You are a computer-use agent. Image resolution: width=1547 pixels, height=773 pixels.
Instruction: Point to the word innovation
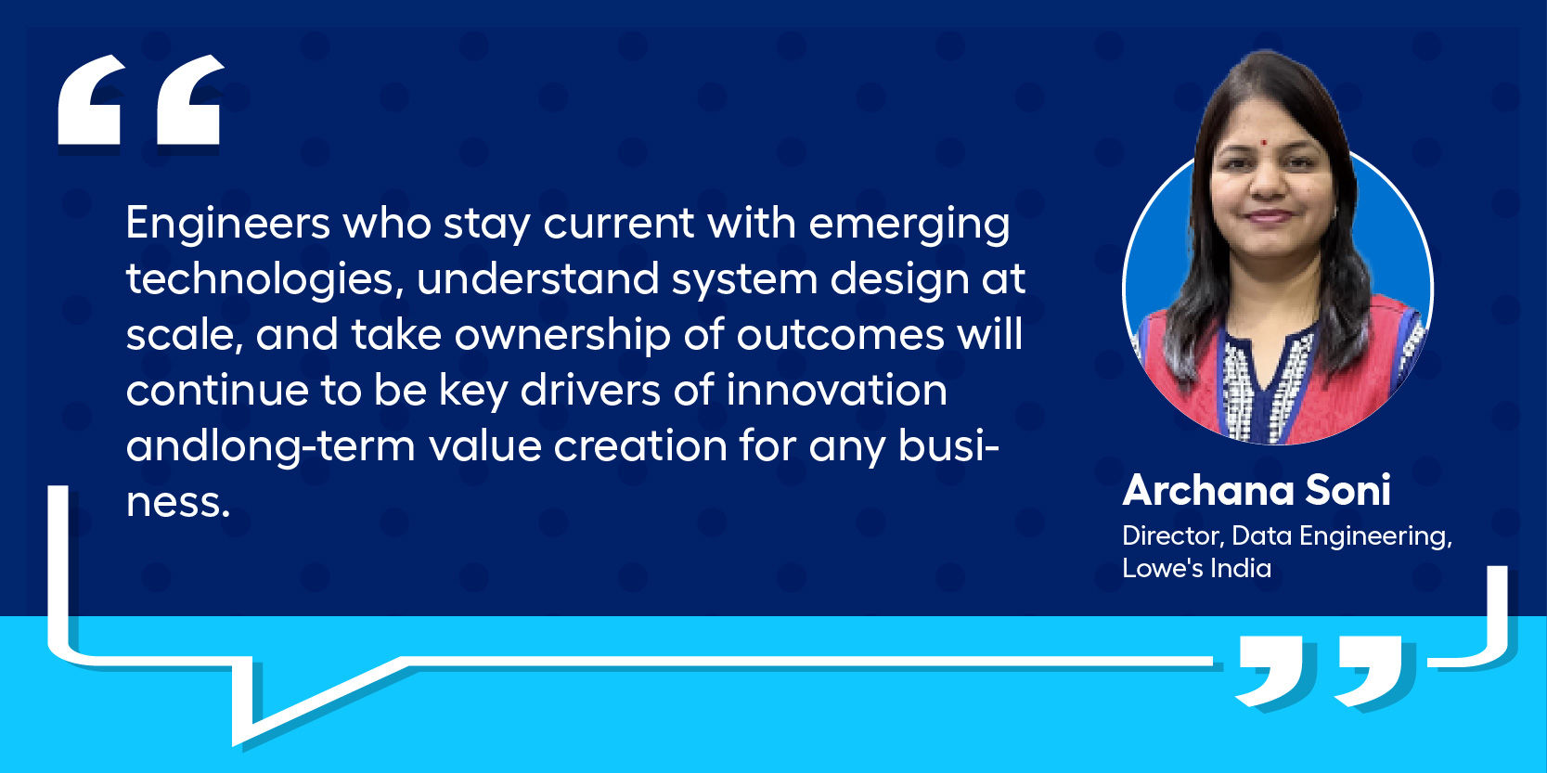point(836,390)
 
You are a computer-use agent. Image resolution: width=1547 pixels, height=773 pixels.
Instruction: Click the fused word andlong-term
point(271,445)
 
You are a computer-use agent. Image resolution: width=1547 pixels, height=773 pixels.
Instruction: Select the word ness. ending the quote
point(177,502)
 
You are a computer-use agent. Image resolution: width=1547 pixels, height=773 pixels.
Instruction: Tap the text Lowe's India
point(1197,569)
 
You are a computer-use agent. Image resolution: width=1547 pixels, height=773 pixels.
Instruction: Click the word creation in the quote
point(640,445)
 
